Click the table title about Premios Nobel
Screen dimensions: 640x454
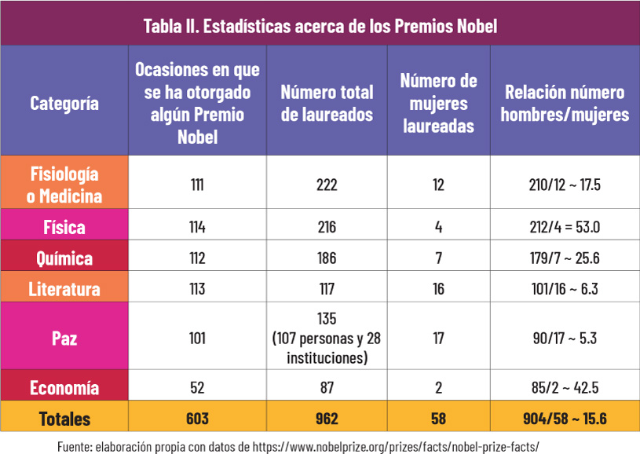(x=320, y=26)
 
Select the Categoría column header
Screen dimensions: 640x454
(x=64, y=104)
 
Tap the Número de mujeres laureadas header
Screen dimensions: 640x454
(x=438, y=104)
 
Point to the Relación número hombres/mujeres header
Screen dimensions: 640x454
(x=565, y=104)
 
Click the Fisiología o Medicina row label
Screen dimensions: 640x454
(x=64, y=185)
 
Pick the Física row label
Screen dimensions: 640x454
(x=64, y=227)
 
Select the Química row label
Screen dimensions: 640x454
(x=64, y=258)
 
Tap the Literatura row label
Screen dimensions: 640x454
(x=64, y=289)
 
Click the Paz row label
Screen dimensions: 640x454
(x=64, y=338)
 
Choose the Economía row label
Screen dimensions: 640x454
(x=64, y=387)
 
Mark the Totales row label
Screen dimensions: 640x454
(x=64, y=419)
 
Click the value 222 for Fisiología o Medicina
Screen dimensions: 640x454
(x=327, y=185)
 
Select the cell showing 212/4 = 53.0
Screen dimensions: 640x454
(x=565, y=227)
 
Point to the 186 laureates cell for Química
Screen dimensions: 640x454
(x=327, y=258)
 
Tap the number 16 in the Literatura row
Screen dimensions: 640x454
(x=438, y=289)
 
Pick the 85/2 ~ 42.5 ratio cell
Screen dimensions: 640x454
(x=565, y=387)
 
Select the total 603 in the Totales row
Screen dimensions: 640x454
(x=198, y=419)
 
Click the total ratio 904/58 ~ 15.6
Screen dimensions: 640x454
(x=565, y=419)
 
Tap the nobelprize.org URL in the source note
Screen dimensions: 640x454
(x=396, y=447)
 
